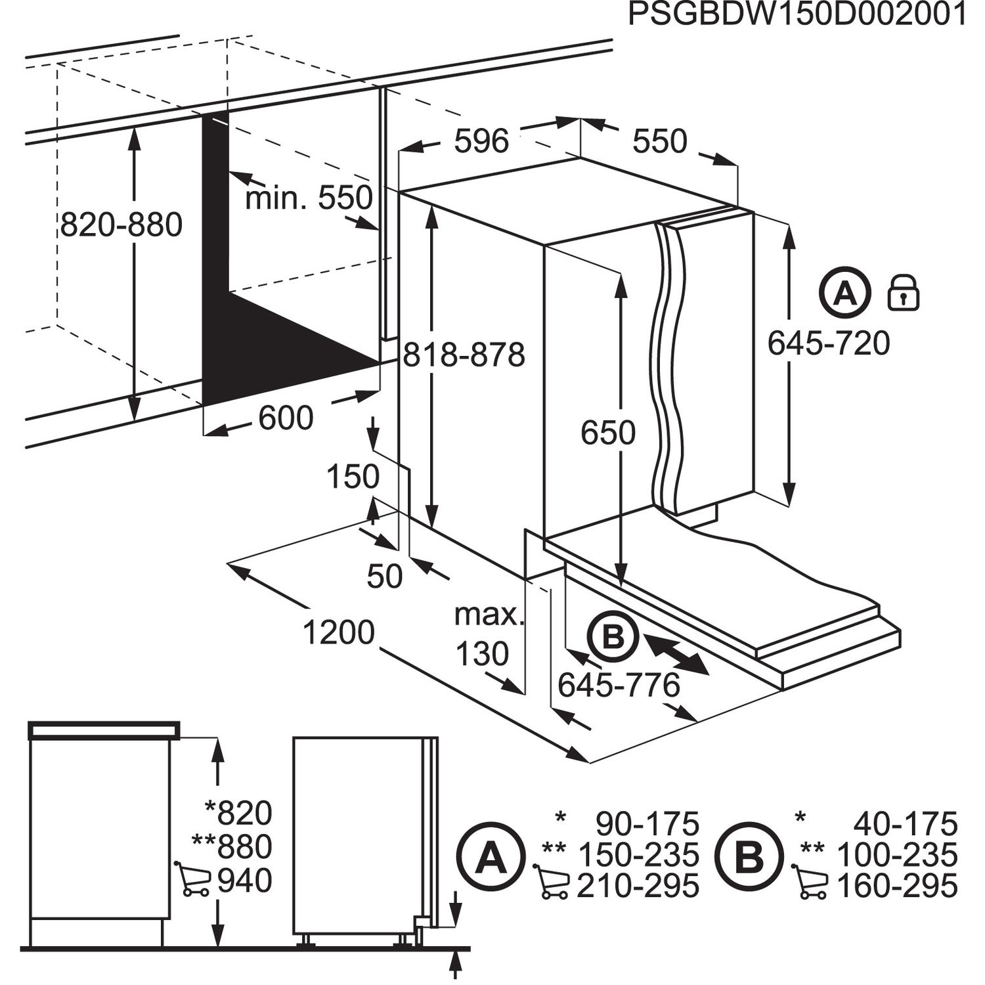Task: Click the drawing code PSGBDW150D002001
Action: (797, 14)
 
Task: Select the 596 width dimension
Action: (481, 141)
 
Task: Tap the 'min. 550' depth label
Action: (308, 198)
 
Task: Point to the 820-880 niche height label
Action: (121, 225)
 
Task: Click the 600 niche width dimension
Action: (286, 418)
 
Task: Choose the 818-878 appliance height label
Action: (464, 355)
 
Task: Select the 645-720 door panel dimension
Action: (829, 343)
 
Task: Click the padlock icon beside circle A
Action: (903, 294)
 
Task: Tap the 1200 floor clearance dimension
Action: (338, 632)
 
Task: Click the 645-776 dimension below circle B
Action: (619, 686)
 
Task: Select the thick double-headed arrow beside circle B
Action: (676, 653)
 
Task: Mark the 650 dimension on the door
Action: (608, 433)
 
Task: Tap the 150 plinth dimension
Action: (353, 477)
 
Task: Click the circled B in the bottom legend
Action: (749, 856)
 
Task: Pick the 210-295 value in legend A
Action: (638, 886)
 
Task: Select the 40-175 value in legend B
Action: (906, 823)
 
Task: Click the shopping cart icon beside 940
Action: (193, 879)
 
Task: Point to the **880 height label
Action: (232, 846)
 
